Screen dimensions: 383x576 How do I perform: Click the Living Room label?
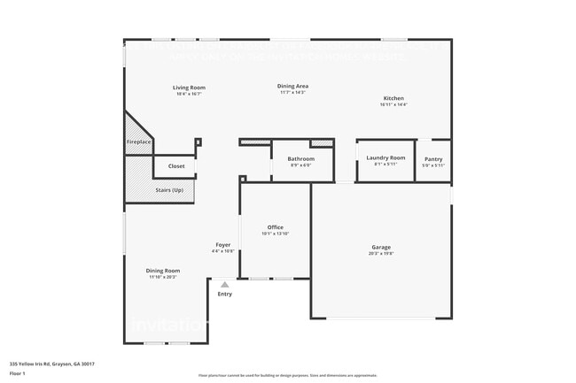coord(189,88)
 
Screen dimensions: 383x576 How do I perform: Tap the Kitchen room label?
coord(393,98)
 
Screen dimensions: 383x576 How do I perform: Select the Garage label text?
coord(381,247)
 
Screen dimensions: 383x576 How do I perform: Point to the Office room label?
coord(275,227)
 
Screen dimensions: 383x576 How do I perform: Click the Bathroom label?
coord(300,158)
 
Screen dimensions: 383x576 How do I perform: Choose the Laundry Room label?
coord(385,157)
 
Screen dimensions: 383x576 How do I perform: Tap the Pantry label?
coord(433,158)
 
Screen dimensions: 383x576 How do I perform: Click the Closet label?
coord(176,165)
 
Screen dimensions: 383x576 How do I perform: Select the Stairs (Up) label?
coord(170,190)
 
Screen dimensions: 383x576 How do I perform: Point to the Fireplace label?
coord(139,142)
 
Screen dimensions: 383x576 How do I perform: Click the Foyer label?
coord(223,245)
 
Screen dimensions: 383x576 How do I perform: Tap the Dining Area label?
coord(292,86)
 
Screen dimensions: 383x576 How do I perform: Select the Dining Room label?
coord(163,271)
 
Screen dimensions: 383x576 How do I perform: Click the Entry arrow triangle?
coord(225,285)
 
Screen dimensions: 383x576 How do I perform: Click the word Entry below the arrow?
coord(225,294)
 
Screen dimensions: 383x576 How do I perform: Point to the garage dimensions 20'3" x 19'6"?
coord(381,253)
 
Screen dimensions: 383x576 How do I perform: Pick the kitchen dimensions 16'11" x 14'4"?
coord(393,104)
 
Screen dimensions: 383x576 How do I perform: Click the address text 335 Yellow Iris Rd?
coord(52,364)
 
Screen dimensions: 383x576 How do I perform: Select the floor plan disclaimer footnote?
coord(288,375)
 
